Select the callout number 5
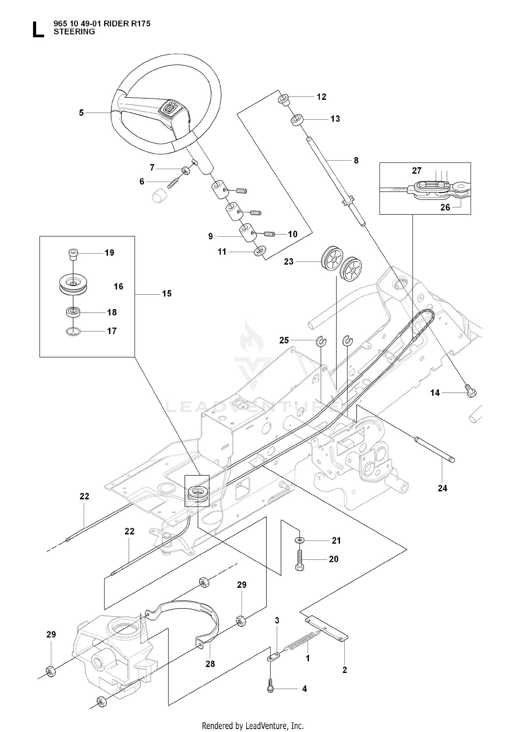(81, 113)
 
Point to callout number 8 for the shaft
(356, 160)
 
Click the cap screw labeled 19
(73, 254)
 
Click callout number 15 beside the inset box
(167, 294)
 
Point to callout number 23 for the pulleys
(289, 262)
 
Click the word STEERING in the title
(74, 32)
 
